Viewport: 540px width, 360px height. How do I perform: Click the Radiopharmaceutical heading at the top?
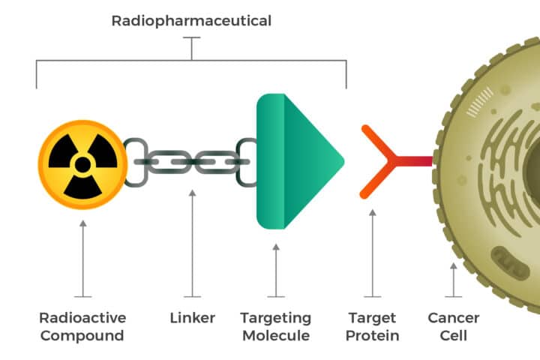[191, 20]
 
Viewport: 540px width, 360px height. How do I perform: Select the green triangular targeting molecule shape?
[296, 160]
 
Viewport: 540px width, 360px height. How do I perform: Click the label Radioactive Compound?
[82, 326]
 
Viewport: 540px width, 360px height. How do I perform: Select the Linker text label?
[193, 318]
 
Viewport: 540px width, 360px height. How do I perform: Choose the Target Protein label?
[372, 326]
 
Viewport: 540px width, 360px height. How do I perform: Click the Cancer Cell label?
[453, 326]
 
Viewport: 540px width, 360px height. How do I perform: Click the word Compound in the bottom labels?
[82, 335]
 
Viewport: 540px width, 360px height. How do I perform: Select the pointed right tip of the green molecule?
[341, 160]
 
